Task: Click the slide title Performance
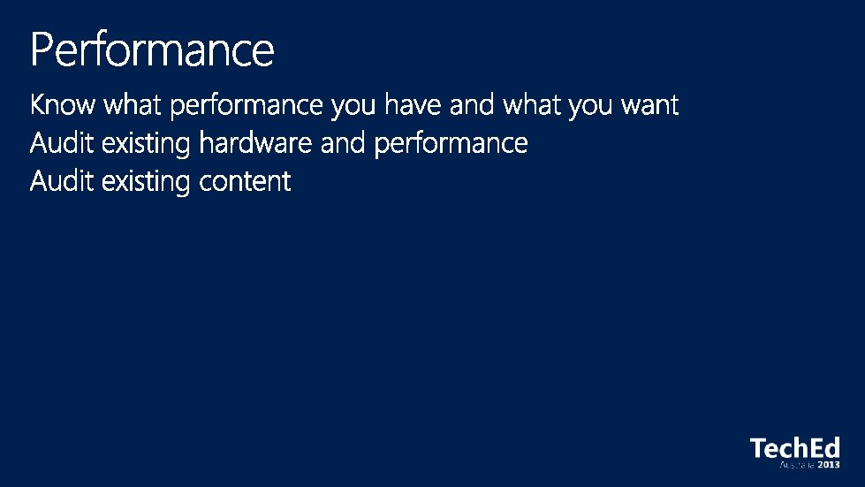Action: point(152,49)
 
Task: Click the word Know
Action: point(63,104)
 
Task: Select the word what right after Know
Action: point(133,104)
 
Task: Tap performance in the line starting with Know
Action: point(247,106)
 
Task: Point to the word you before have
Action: point(353,106)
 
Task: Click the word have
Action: point(413,104)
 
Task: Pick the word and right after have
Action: point(472,104)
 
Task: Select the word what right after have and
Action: point(531,104)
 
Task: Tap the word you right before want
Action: point(590,106)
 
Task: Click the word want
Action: point(649,105)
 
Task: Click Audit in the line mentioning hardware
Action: point(62,143)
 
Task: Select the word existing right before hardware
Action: point(146,144)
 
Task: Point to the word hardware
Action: point(255,143)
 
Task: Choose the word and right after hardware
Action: point(343,143)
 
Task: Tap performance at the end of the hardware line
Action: point(451,145)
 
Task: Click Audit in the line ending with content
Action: point(62,181)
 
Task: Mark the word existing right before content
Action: point(146,183)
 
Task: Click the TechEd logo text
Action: point(795,448)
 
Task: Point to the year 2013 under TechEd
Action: point(829,465)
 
